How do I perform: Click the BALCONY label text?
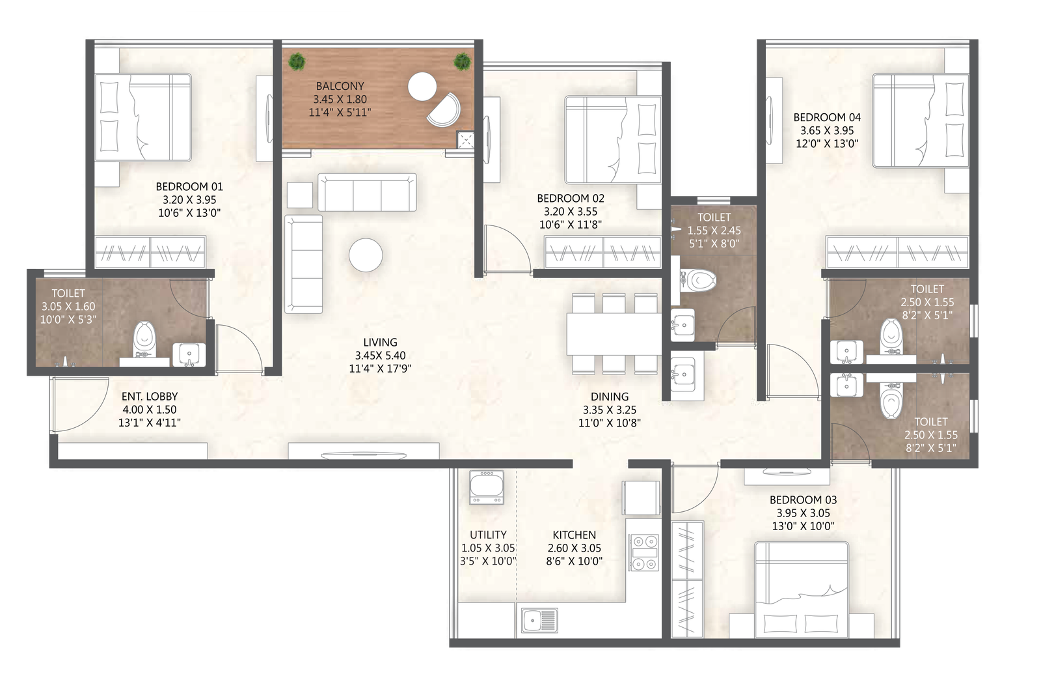click(x=340, y=86)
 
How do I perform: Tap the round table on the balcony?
click(x=422, y=87)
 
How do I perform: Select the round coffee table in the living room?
click(x=366, y=255)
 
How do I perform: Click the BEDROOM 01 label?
click(x=189, y=187)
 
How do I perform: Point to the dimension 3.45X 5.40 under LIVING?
click(x=380, y=356)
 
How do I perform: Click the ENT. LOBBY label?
click(x=150, y=396)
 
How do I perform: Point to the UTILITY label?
click(x=488, y=535)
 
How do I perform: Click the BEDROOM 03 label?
click(x=803, y=500)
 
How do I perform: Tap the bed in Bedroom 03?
click(x=801, y=589)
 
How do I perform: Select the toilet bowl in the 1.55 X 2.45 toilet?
click(x=699, y=281)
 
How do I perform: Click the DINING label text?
click(x=610, y=397)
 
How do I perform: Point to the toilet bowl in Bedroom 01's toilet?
click(x=144, y=339)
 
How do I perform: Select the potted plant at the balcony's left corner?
click(x=297, y=62)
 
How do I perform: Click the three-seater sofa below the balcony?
click(x=367, y=193)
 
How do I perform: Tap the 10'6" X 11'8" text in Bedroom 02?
click(x=571, y=225)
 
